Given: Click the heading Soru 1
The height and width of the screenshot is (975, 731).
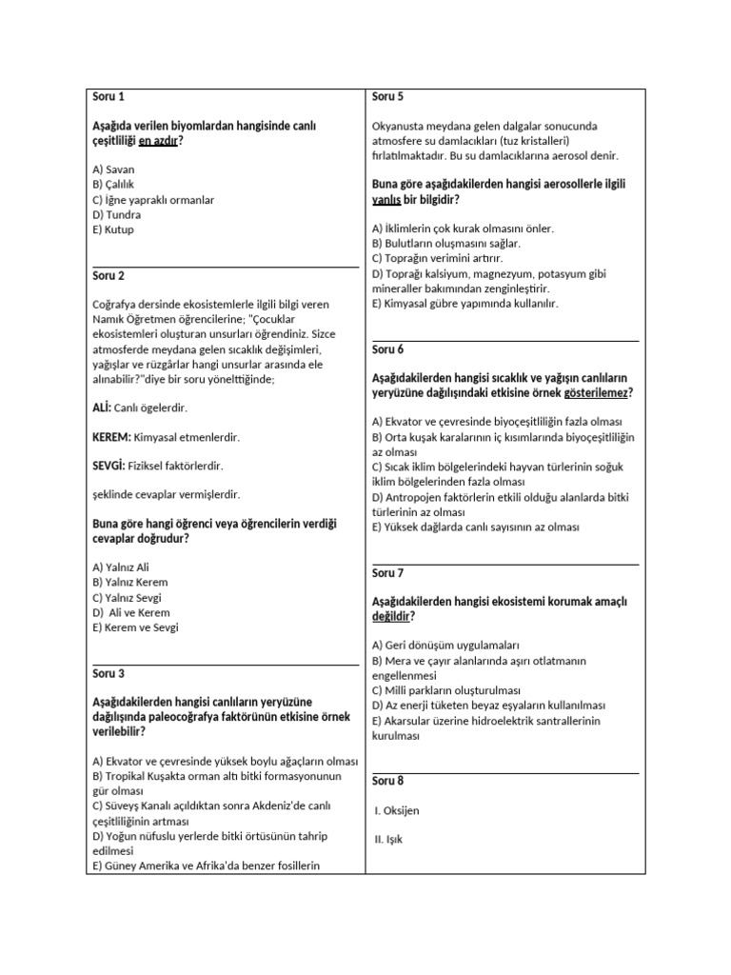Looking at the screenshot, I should click(x=109, y=96).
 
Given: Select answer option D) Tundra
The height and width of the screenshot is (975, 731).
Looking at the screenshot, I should click(x=117, y=215).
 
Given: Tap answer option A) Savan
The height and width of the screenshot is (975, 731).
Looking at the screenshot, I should click(x=114, y=169).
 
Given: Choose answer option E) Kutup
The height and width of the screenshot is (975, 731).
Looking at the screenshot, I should click(x=114, y=230).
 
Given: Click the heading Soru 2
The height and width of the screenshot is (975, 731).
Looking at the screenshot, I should click(x=109, y=275).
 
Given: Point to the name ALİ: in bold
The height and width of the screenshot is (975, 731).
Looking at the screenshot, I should click(x=102, y=408).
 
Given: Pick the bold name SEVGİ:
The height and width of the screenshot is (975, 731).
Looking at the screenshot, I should click(x=109, y=466).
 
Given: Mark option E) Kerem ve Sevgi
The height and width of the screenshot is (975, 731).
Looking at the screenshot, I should click(x=136, y=627).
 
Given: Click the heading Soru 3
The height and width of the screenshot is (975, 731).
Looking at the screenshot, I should click(x=109, y=673).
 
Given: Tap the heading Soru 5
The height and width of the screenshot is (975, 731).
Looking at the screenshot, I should click(x=388, y=96).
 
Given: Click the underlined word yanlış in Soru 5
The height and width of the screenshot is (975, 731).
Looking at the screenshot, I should click(x=386, y=200).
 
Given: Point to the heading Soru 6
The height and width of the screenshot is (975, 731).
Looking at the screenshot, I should click(x=388, y=349).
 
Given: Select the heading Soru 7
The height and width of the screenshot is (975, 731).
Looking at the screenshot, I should click(x=388, y=573).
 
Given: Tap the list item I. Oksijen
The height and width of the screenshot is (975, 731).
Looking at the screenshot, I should click(x=398, y=810).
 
